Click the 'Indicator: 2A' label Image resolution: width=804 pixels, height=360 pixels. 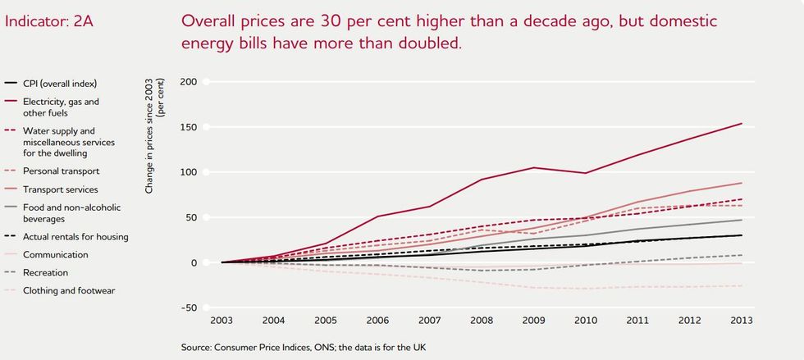pyautogui.click(x=48, y=21)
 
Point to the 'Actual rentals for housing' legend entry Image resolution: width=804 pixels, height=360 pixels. pyautogui.click(x=75, y=236)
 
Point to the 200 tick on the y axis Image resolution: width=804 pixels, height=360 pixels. pyautogui.click(x=189, y=82)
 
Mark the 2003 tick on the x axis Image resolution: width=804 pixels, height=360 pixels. pyautogui.click(x=222, y=321)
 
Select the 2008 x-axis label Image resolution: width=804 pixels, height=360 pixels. pyautogui.click(x=482, y=321)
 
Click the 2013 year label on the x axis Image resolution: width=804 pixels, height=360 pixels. pyautogui.click(x=741, y=321)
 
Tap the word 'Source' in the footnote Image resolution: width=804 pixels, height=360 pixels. pyautogui.click(x=198, y=348)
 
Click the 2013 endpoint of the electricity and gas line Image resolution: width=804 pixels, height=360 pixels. pyautogui.click(x=742, y=124)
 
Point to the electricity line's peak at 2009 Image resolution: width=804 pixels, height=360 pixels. pyautogui.click(x=534, y=167)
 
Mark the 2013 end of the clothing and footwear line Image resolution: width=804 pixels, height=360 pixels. pyautogui.click(x=742, y=285)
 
